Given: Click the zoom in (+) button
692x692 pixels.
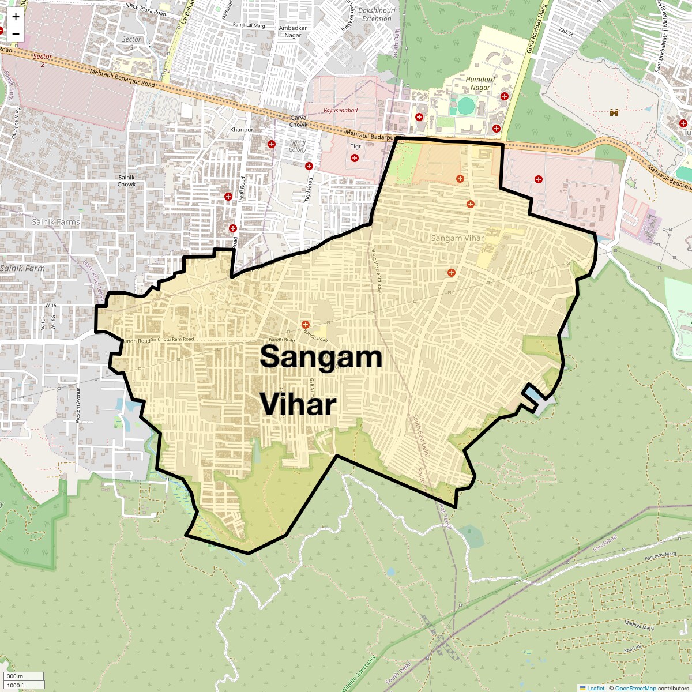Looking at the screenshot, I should (x=16, y=17).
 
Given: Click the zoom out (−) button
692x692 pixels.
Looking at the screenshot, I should (x=16, y=34).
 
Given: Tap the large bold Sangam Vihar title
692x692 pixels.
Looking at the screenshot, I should (x=321, y=381).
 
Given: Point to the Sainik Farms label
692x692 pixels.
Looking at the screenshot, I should (x=56, y=221).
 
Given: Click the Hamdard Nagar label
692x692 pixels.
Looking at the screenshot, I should (x=480, y=84).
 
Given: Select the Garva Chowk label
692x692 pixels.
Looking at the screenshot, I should (x=298, y=121).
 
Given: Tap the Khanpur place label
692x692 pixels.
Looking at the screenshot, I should (x=242, y=130).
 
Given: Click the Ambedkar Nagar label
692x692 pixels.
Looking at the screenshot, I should (x=293, y=32).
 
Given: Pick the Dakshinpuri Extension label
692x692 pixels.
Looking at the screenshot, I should (x=377, y=14).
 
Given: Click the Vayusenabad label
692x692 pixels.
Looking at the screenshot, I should (x=340, y=110).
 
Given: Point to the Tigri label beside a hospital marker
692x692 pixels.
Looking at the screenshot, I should (x=357, y=146).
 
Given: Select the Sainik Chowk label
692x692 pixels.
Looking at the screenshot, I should (x=126, y=181).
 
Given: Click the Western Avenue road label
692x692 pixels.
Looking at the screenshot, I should (x=78, y=405).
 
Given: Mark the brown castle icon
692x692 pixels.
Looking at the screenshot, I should (x=614, y=112).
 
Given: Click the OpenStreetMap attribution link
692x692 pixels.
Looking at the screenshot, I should (x=635, y=688).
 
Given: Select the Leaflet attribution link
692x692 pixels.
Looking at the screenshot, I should (x=596, y=688).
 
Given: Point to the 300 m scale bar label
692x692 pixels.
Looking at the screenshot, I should (x=15, y=676).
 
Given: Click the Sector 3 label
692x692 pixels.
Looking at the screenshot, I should (x=131, y=43).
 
